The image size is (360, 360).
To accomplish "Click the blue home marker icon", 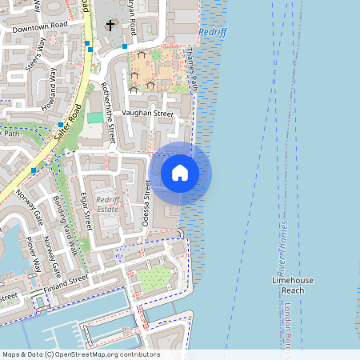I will [x=180, y=173].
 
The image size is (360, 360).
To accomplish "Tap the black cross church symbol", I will [x=110, y=26].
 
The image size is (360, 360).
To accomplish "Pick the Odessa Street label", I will [x=146, y=204].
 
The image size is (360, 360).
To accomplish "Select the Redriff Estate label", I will [x=106, y=204].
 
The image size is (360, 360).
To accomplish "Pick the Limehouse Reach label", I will [x=293, y=286].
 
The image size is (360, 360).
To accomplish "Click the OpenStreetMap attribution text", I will [x=80, y=354].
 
